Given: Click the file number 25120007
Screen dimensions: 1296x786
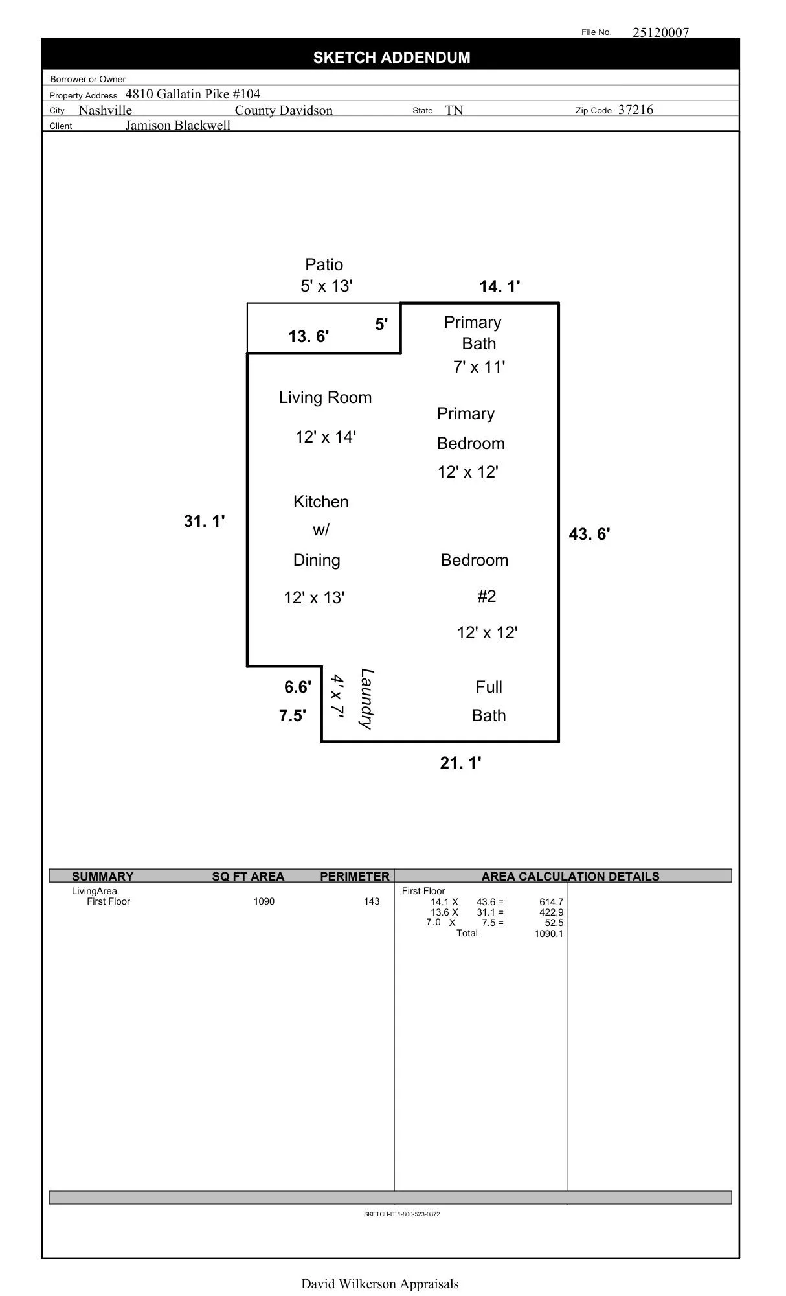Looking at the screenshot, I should (x=660, y=32).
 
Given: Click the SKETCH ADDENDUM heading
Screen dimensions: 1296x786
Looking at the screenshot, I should (x=392, y=58).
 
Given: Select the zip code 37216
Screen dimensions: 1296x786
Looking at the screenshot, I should (x=635, y=110).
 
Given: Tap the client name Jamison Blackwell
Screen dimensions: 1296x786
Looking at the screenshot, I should (x=177, y=125).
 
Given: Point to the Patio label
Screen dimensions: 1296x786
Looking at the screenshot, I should (x=324, y=264).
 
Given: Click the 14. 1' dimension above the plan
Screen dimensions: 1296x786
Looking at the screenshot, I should (x=499, y=286).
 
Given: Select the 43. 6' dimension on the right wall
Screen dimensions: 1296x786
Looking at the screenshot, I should (x=589, y=534).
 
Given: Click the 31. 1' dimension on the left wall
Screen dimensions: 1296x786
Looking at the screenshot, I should (x=204, y=521).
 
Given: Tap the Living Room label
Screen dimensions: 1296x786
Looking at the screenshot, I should (x=325, y=397).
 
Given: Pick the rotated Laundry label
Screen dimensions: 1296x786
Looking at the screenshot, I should (x=366, y=699).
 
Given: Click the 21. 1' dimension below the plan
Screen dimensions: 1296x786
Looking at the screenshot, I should (x=460, y=763).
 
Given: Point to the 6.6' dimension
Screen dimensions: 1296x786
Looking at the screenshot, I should (x=297, y=687).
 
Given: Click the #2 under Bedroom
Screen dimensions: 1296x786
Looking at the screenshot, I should (x=486, y=596).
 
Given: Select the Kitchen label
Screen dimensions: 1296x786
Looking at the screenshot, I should (x=320, y=502).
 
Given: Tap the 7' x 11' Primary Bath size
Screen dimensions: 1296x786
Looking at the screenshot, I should (x=478, y=367).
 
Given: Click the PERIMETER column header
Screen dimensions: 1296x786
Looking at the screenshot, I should (x=354, y=876).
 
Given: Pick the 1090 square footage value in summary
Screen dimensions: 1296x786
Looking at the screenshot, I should (x=264, y=901).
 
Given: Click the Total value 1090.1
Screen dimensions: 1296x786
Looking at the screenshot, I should (x=548, y=934).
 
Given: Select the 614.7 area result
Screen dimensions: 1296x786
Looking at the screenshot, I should (x=551, y=902).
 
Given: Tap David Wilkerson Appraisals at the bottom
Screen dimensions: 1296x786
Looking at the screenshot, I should (x=379, y=1284).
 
